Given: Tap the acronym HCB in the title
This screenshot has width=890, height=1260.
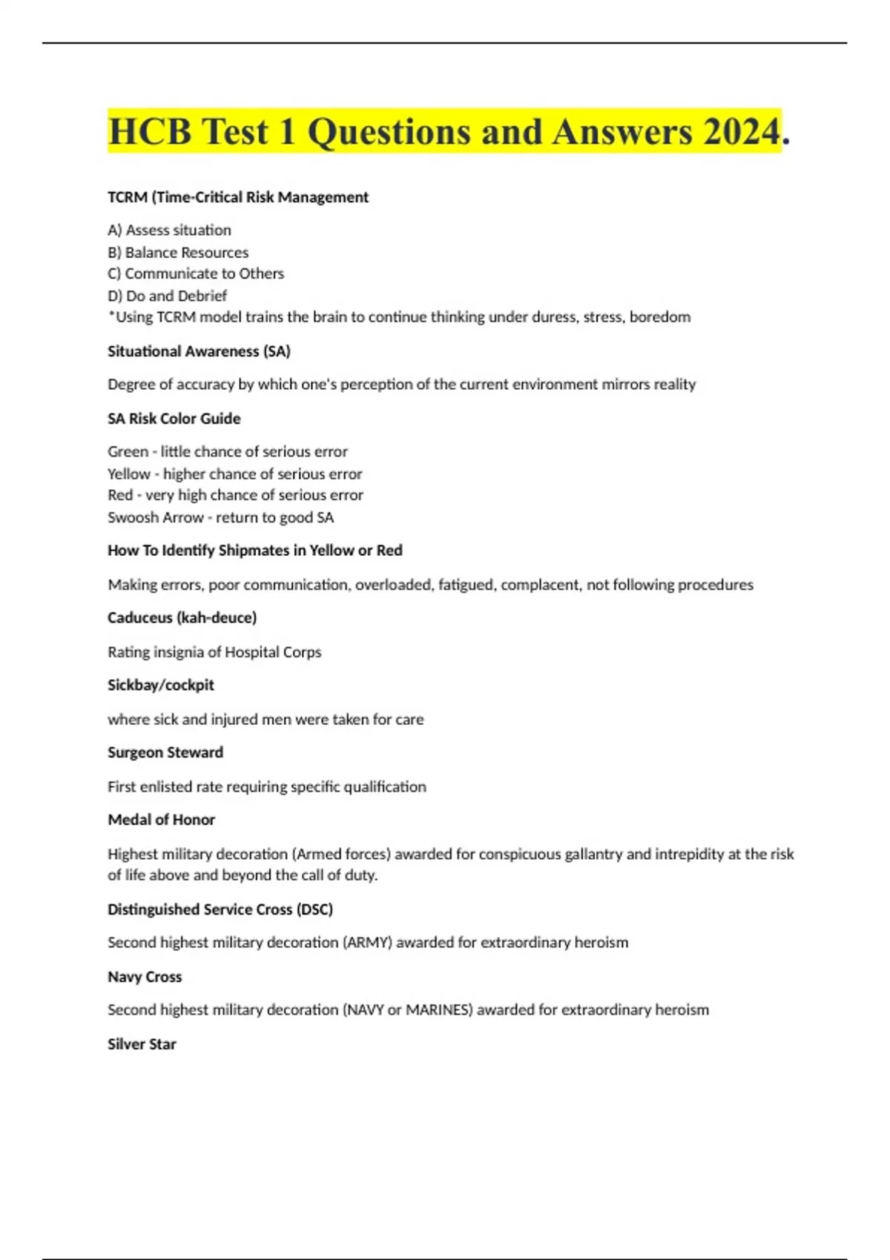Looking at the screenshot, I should coord(151,132).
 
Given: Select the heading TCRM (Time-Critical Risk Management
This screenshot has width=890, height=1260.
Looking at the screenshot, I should coord(238,197).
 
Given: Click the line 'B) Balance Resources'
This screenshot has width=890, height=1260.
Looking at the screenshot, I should coord(178,252).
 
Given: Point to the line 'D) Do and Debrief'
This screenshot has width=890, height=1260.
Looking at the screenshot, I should coord(167,296).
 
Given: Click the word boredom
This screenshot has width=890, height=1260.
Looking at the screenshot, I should coord(660,317).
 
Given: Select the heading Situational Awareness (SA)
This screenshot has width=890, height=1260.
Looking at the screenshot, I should coord(199,351).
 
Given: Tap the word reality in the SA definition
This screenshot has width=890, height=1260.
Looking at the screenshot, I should coord(674,384).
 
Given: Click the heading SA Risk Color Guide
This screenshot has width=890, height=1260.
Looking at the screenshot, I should coord(174,419).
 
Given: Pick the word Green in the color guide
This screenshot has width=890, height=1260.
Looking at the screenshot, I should coord(128,451).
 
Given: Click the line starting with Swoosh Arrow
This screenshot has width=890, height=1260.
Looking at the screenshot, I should coord(220,517).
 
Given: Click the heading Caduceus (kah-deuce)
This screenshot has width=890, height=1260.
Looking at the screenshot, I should coord(182,617).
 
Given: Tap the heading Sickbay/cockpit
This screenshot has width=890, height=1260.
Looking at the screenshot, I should coord(161,685).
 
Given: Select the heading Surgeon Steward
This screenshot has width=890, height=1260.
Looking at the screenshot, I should coord(165,752).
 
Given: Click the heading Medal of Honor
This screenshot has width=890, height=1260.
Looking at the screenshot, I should coord(161,820).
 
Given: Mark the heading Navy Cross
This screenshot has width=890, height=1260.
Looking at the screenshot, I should coord(145,977).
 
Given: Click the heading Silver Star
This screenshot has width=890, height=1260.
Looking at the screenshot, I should coord(142,1044).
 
